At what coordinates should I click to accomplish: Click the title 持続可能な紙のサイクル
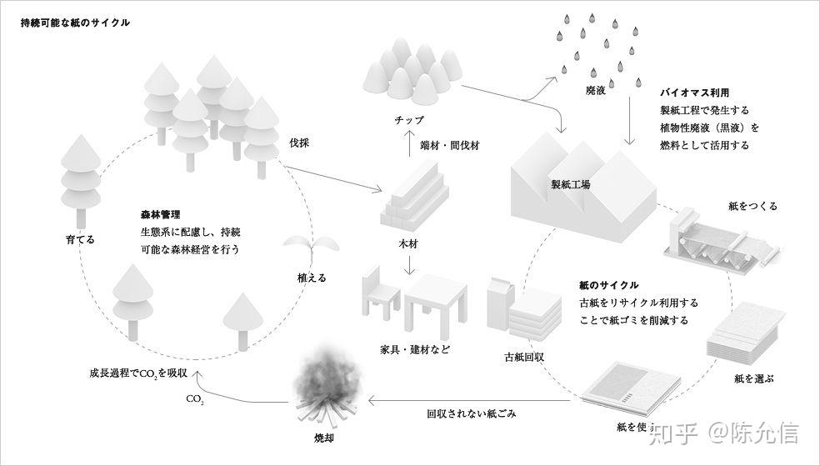(x=75, y=23)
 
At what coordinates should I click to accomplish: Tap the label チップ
(x=409, y=120)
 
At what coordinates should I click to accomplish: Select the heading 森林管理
(x=161, y=214)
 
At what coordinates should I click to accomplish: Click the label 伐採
(x=299, y=143)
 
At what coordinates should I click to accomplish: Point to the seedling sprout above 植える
(x=311, y=248)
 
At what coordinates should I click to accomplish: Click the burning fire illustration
(x=327, y=386)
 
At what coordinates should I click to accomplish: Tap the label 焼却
(x=323, y=438)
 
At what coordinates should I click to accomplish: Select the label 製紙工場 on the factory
(x=571, y=184)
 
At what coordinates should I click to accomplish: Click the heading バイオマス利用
(x=694, y=93)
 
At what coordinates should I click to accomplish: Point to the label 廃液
(x=596, y=91)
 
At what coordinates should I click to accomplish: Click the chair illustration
(x=380, y=294)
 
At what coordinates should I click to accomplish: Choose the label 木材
(x=408, y=243)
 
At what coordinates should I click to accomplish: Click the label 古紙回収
(x=524, y=358)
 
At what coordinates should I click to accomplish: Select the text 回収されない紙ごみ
(x=471, y=413)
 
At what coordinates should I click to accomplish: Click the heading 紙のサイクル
(x=608, y=285)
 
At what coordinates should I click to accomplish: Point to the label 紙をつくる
(x=752, y=206)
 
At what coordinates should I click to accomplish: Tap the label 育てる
(x=81, y=240)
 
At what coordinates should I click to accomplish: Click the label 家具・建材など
(x=415, y=349)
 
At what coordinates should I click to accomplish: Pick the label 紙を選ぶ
(x=753, y=378)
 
